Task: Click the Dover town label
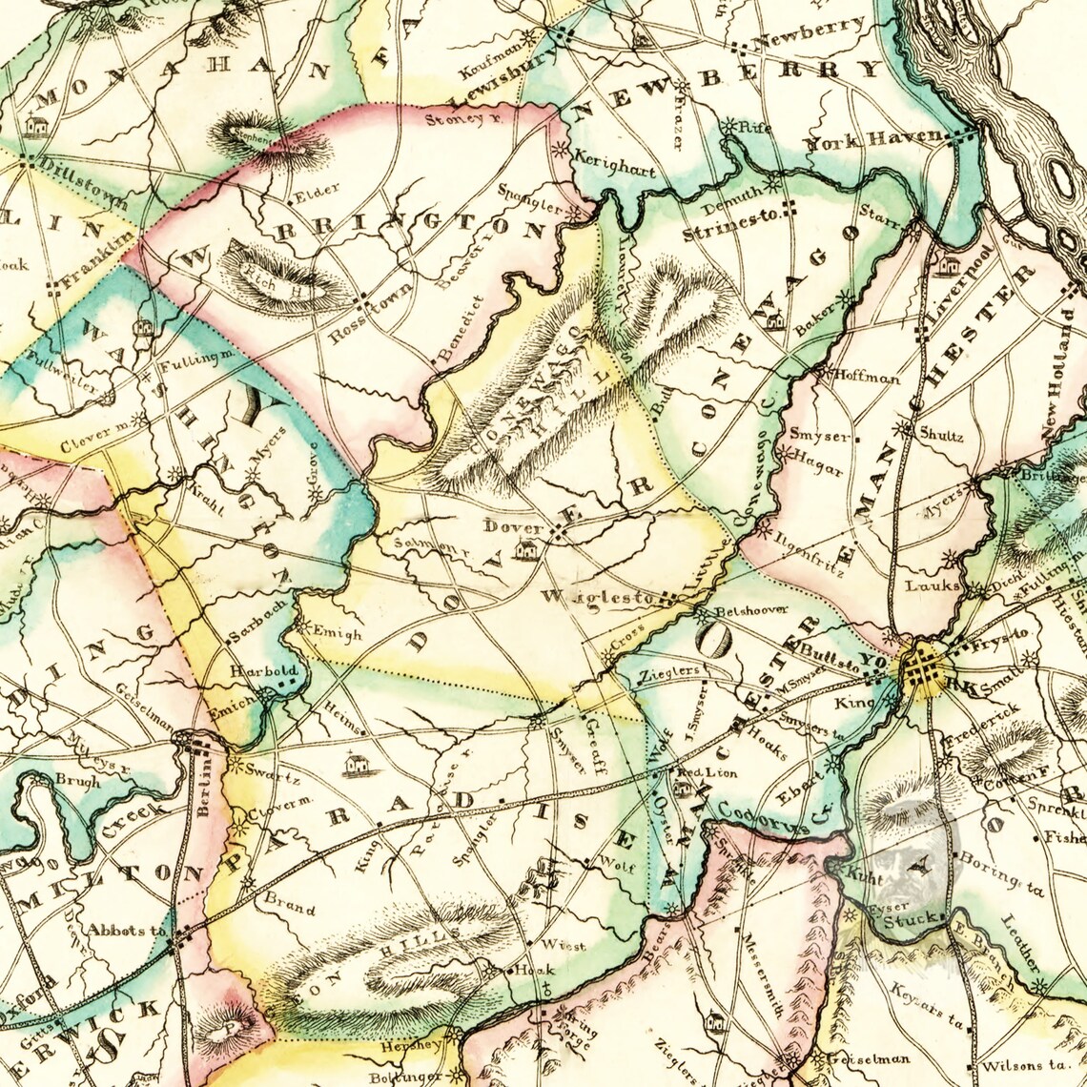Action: [513, 525]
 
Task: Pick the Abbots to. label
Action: [127, 930]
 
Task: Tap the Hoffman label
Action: [867, 378]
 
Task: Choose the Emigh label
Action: [338, 634]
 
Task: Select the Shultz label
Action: [941, 436]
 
